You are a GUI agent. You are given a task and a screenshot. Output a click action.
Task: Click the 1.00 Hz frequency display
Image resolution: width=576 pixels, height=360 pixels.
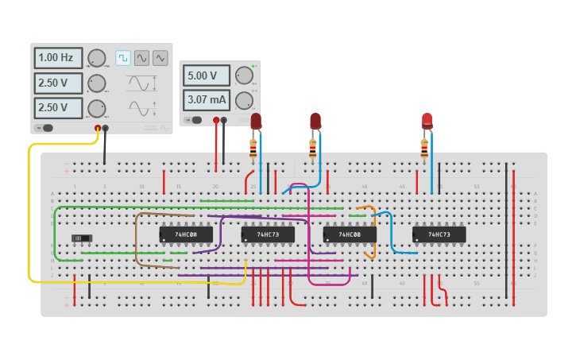tap(57, 58)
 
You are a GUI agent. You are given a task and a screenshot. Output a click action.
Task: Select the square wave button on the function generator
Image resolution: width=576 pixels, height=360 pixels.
tap(123, 58)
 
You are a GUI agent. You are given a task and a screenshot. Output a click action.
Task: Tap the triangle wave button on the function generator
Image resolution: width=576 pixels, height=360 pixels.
tap(160, 58)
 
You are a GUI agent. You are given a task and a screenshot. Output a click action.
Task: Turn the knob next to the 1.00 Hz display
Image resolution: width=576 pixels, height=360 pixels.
tap(96, 58)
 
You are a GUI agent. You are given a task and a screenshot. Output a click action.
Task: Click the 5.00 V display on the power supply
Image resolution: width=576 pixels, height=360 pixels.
tap(207, 76)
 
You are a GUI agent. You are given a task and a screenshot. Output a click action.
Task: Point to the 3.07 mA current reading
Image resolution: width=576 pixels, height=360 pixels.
tap(207, 100)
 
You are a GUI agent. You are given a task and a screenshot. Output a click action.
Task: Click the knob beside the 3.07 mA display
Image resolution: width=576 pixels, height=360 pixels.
tap(244, 100)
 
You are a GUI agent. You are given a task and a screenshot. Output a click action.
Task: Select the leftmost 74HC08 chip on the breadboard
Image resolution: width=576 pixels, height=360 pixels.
tap(186, 234)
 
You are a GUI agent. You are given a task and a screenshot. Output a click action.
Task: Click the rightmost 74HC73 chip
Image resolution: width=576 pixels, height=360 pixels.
tap(439, 234)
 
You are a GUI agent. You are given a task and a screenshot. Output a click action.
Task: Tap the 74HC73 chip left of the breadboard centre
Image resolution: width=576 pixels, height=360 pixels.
tap(268, 234)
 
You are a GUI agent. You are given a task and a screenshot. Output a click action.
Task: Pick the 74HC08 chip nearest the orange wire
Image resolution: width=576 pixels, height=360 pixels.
tap(350, 234)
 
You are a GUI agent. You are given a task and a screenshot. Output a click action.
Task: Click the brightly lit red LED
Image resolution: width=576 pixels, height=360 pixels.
tap(427, 121)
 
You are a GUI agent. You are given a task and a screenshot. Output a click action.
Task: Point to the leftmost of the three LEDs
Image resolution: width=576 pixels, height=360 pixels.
tap(256, 121)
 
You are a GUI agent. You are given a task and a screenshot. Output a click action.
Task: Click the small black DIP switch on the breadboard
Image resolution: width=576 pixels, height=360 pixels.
tap(82, 238)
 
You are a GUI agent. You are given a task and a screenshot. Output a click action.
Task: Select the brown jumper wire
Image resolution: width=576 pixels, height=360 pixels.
tap(137, 238)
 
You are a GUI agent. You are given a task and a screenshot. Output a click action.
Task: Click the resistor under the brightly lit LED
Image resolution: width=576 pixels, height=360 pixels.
tap(424, 148)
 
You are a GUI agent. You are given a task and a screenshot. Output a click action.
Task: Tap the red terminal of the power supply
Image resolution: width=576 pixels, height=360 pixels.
tap(216, 121)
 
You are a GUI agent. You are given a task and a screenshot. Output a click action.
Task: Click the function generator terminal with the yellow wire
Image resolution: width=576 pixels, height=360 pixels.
tap(98, 128)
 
